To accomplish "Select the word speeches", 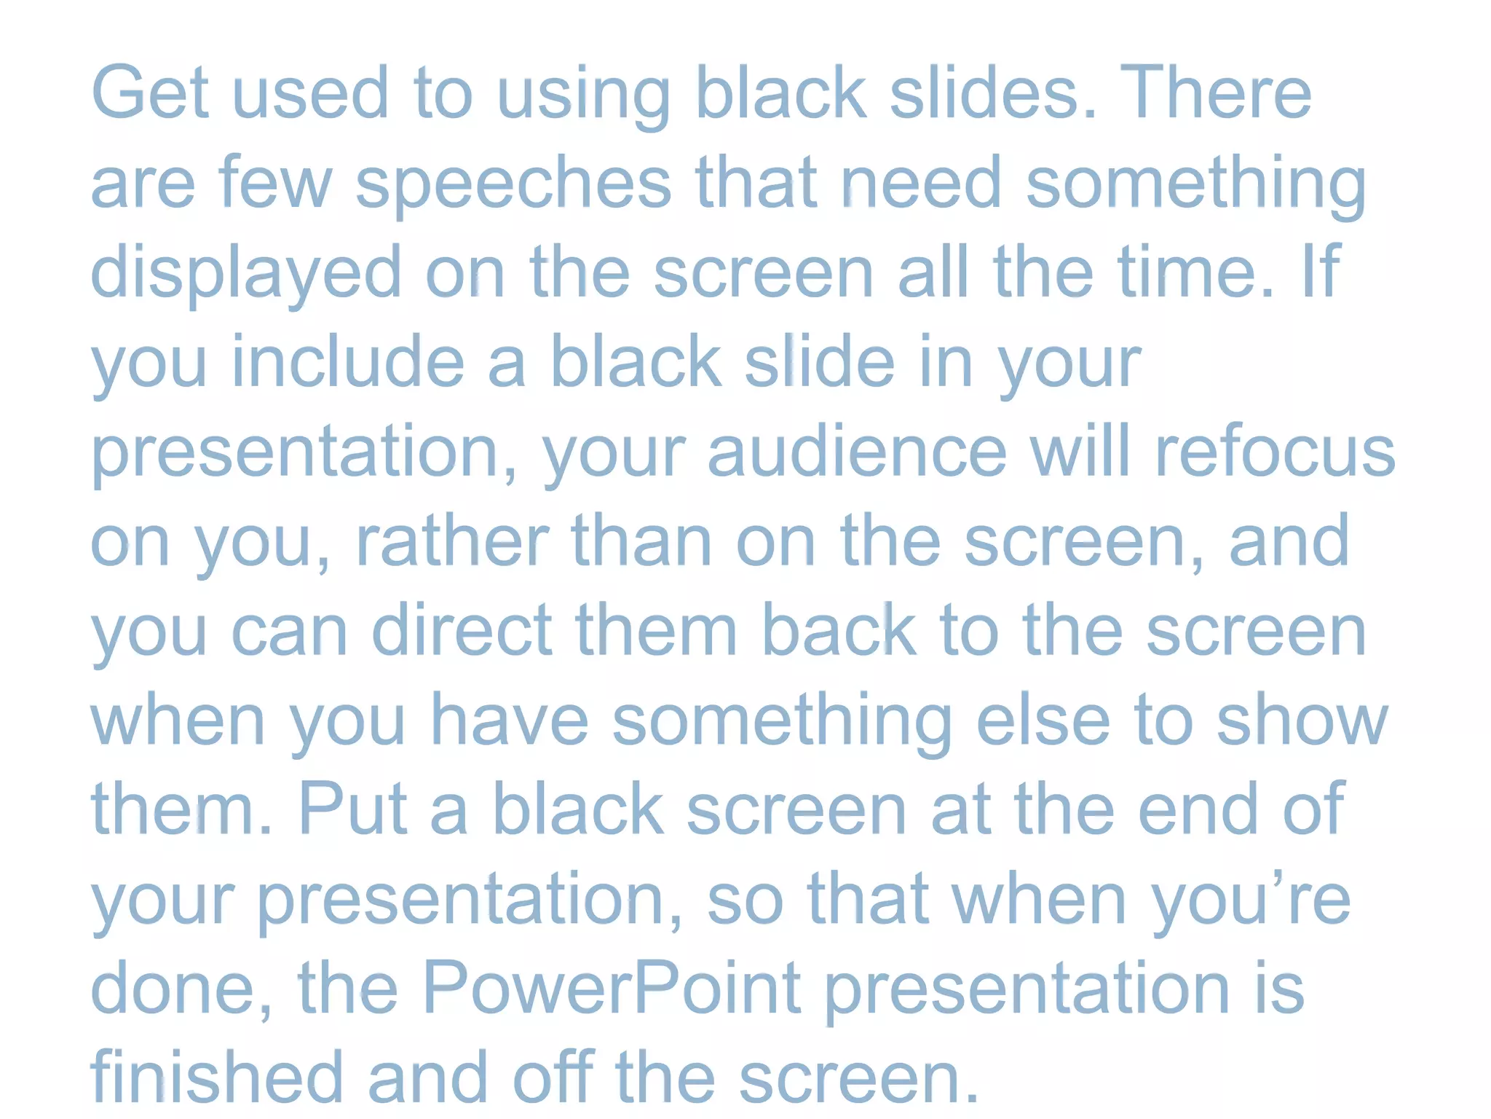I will point(513,184).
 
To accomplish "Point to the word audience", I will point(857,452).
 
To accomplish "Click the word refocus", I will point(1275,452).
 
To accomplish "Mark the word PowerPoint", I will point(612,988).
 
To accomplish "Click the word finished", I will point(216,1077).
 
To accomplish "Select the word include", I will point(348,362).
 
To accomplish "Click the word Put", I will point(352,809).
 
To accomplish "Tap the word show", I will point(1302,720).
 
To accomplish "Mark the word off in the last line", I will point(554,1077).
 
